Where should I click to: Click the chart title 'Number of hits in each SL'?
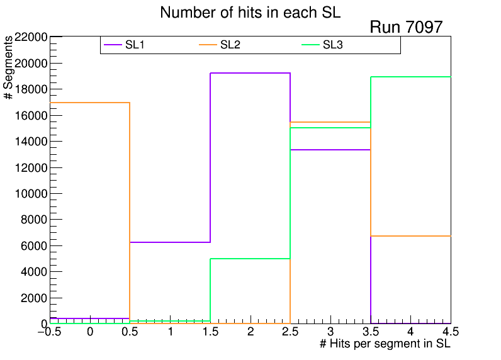250,13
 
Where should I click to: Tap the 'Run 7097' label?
406,27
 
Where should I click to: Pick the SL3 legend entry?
333,45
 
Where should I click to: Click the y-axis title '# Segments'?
9,67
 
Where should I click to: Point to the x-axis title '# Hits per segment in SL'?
385,344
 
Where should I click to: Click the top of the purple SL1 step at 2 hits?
250,73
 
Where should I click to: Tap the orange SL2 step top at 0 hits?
90,103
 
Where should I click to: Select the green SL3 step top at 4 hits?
410,77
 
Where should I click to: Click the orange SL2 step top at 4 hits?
410,236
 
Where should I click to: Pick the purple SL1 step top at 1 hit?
170,242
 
